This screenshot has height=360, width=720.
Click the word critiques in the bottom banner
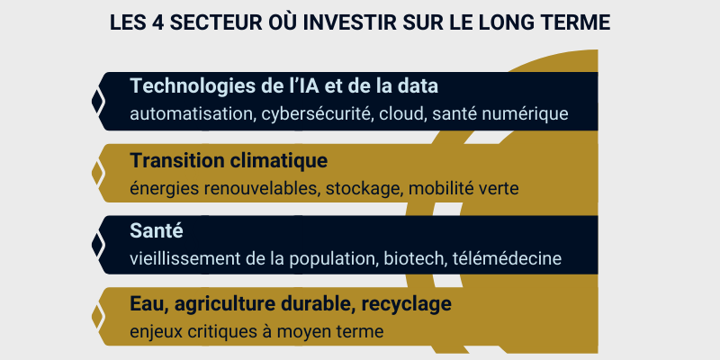[214, 331]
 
